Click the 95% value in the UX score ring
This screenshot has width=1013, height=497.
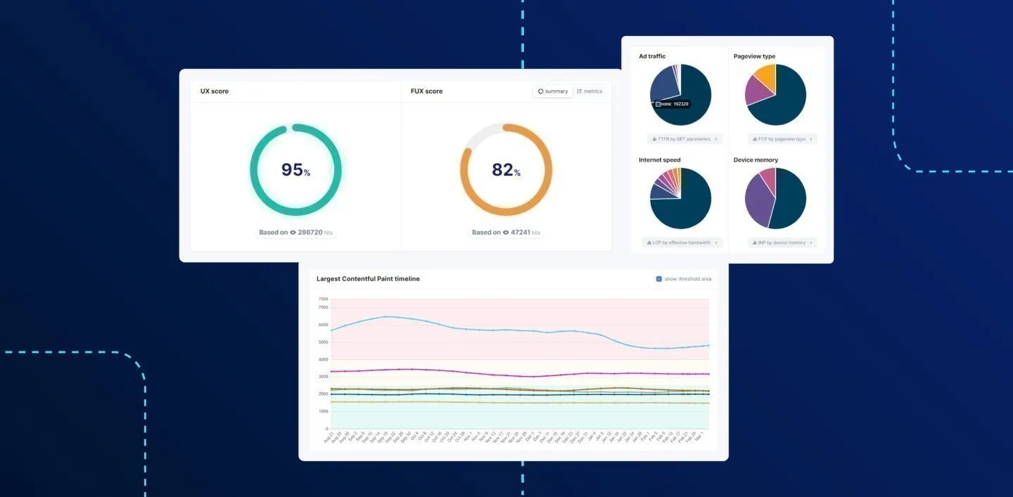point(295,170)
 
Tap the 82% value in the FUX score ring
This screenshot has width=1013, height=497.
point(506,170)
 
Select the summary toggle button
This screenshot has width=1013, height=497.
point(553,91)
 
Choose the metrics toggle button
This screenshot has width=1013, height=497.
point(590,91)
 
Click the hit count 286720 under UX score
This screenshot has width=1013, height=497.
point(310,233)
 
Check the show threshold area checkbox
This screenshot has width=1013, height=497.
point(658,279)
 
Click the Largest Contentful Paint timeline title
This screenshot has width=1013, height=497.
point(368,279)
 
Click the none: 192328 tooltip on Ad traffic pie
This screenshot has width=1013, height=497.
point(672,104)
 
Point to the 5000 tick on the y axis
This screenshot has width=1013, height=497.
point(323,342)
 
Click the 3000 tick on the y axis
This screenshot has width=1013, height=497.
point(323,377)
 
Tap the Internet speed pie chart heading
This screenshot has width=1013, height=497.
point(659,160)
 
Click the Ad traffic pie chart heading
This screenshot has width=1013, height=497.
point(651,56)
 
